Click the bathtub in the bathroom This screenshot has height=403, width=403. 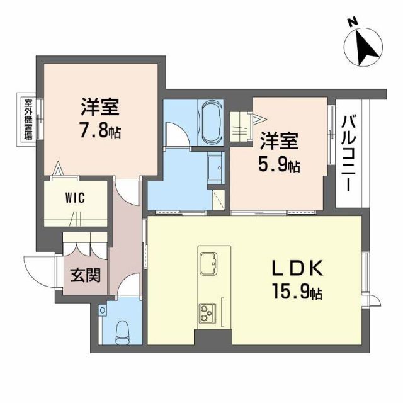pyautogui.click(x=211, y=122)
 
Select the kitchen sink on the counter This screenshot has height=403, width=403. pyautogui.click(x=209, y=264)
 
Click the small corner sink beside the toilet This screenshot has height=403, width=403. pyautogui.click(x=103, y=310)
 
